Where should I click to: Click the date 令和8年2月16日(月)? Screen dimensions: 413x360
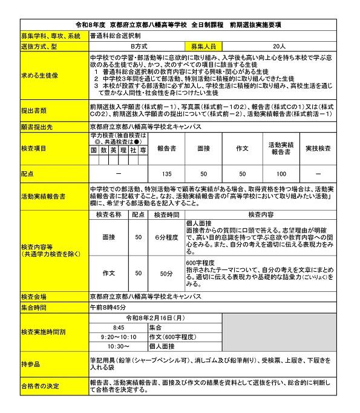coord(155,317)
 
